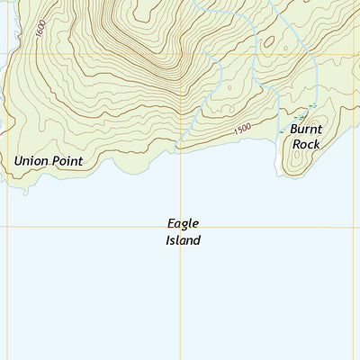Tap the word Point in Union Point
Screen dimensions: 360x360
click(x=67, y=161)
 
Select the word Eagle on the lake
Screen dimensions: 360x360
click(x=183, y=223)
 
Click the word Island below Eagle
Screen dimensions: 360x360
click(x=183, y=240)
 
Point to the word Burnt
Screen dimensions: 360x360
click(x=306, y=129)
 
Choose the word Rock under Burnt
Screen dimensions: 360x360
click(x=306, y=144)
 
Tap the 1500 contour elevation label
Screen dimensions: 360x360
click(x=242, y=130)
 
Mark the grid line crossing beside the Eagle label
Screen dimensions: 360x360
click(x=181, y=226)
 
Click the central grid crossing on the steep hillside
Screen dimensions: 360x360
click(x=181, y=53)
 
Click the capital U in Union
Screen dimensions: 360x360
click(x=19, y=161)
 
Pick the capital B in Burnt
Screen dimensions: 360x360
click(x=294, y=129)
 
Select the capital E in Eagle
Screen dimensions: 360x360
click(x=171, y=223)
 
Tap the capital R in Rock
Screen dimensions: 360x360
click(x=296, y=144)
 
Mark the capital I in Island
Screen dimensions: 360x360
click(x=168, y=240)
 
